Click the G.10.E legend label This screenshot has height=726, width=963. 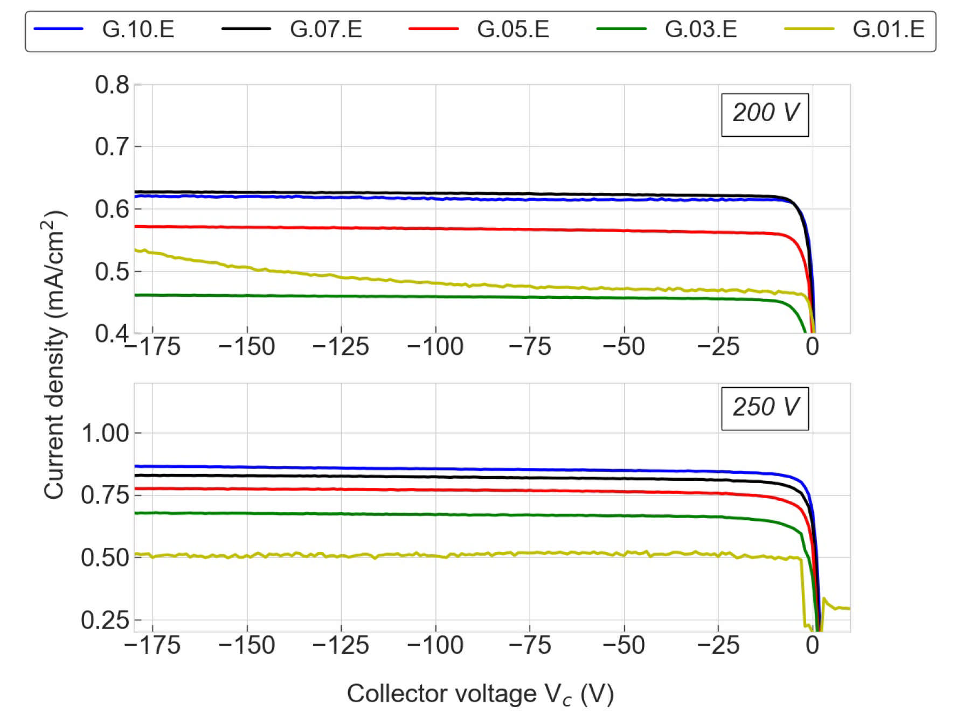(x=138, y=29)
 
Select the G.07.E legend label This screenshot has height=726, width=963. (x=325, y=29)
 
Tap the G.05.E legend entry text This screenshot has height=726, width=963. (x=512, y=29)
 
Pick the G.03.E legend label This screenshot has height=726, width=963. (x=701, y=29)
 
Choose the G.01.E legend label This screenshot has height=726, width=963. (x=888, y=29)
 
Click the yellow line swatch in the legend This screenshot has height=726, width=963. (x=808, y=29)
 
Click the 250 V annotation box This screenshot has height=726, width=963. (x=765, y=408)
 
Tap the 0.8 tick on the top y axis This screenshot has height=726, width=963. (x=112, y=85)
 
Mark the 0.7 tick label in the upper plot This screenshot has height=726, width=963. (x=112, y=146)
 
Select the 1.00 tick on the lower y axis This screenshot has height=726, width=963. (x=105, y=433)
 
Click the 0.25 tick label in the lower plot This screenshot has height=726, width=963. (x=105, y=620)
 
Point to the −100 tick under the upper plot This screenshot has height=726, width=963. (x=435, y=346)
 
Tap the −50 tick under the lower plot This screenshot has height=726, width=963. (x=623, y=645)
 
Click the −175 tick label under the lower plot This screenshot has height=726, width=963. (x=153, y=645)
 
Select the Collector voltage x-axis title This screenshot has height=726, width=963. (x=480, y=694)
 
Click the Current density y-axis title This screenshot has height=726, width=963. (x=54, y=355)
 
